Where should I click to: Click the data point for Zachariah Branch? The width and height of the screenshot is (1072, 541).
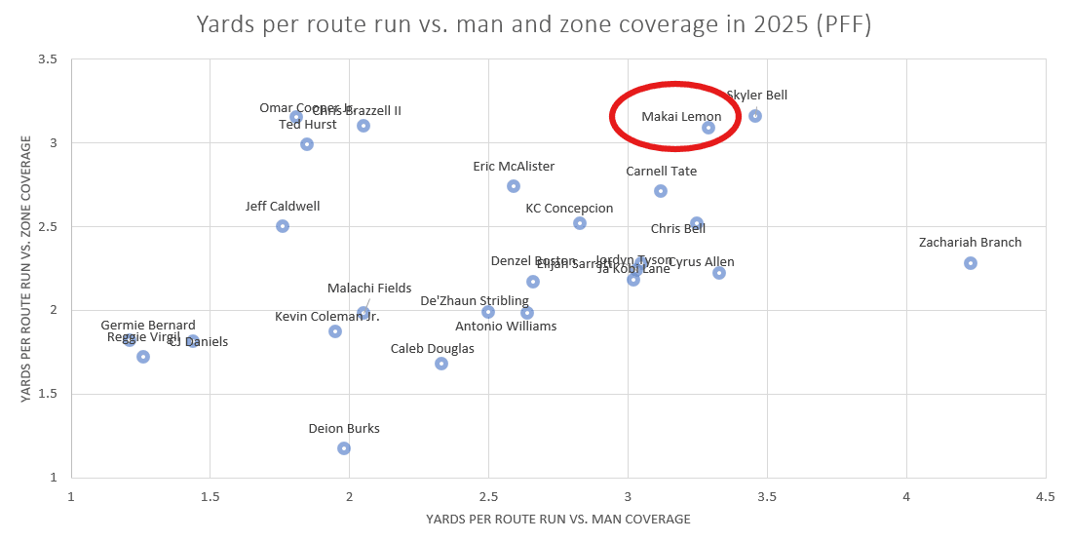[x=971, y=263]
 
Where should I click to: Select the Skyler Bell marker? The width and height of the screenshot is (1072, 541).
[x=755, y=116]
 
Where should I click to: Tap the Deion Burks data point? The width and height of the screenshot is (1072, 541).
[x=344, y=448]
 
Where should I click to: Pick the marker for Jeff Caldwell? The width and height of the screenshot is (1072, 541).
[x=283, y=226]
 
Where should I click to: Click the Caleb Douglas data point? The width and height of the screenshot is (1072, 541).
[x=441, y=364]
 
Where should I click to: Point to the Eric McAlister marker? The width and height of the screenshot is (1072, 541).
[x=514, y=186]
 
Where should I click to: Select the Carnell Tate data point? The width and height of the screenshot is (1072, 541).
[x=661, y=191]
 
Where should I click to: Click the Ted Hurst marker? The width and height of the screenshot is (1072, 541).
[x=307, y=144]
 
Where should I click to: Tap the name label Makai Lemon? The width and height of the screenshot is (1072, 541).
[x=681, y=117]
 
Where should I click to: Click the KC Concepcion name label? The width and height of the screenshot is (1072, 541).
[x=569, y=209]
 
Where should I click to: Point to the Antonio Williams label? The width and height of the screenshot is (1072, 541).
[x=506, y=327]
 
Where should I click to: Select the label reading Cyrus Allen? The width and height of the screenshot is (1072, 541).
[x=702, y=262]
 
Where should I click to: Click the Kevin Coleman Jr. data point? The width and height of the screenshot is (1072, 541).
[x=335, y=331]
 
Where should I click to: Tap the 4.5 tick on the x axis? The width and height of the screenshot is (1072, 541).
[x=1046, y=497]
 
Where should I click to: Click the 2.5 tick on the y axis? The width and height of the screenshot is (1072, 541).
[x=47, y=227]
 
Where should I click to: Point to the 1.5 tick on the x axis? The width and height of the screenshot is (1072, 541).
[x=210, y=497]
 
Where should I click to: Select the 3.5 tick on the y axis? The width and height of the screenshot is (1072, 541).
[x=47, y=59]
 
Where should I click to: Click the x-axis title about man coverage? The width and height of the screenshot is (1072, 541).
[x=557, y=520]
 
